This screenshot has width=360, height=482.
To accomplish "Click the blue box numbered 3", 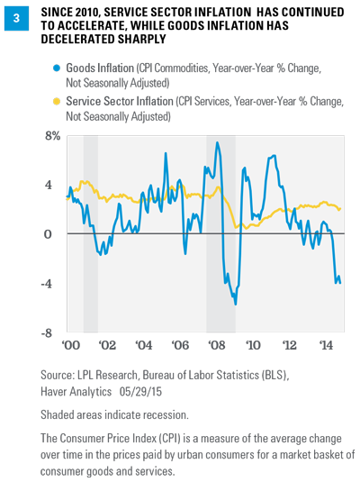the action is click(16, 18).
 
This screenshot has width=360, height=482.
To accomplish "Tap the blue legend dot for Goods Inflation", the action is click(57, 68).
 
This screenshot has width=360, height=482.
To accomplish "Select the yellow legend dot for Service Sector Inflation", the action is click(57, 102).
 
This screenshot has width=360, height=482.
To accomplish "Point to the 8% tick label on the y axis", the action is click(52, 136).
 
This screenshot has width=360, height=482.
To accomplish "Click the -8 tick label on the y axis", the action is click(47, 333).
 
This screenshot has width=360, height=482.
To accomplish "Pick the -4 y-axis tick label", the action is click(47, 284).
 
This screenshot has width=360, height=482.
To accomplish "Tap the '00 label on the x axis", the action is click(71, 345).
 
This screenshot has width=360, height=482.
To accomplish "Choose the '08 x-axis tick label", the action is click(217, 345).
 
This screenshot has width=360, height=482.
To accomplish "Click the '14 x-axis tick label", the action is click(326, 345).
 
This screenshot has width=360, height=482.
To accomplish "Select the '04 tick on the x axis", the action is click(144, 345).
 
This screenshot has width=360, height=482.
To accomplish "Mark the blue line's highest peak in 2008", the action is click(217, 142).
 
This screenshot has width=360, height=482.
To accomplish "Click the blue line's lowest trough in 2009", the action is click(235, 305).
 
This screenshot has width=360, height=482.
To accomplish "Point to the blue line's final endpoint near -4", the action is click(340, 283).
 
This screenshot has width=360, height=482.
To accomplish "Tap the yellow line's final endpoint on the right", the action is click(340, 209).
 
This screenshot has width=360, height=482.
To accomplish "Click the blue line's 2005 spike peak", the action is click(166, 153).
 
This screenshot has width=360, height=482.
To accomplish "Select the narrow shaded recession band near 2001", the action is click(91, 234).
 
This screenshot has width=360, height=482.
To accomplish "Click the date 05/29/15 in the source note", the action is click(140, 392).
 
